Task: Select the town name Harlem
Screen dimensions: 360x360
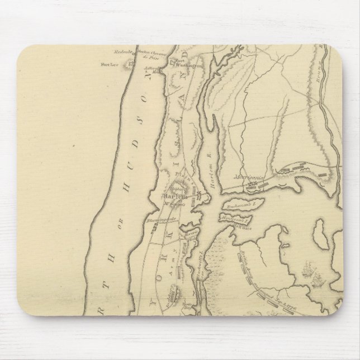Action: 170,197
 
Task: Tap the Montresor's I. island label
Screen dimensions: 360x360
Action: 234,217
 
